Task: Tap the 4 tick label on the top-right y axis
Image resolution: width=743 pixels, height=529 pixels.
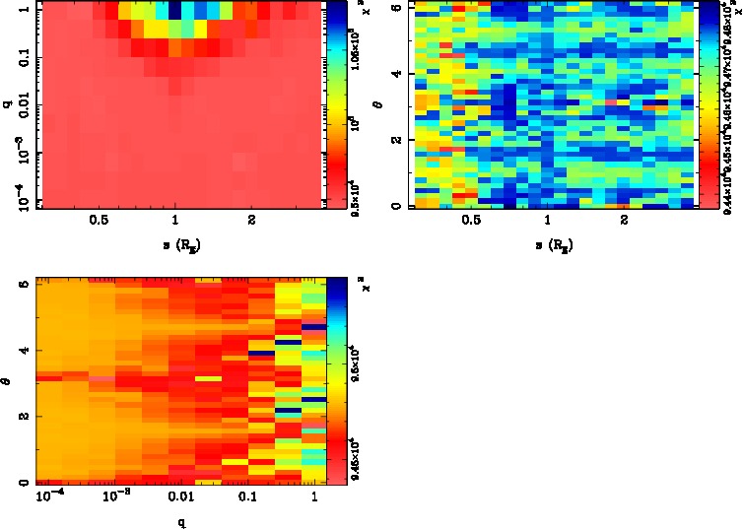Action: (394, 74)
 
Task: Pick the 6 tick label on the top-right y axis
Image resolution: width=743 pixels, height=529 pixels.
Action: (394, 7)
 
